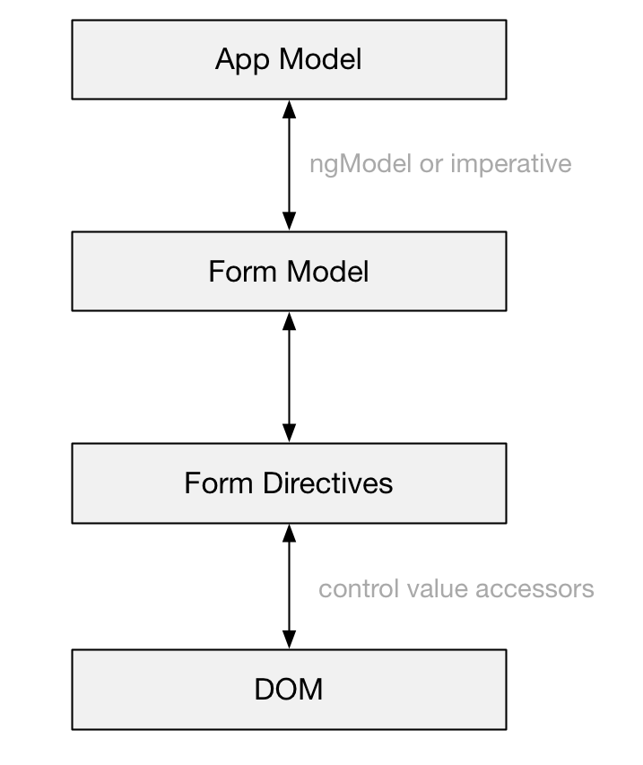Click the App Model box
click(x=289, y=59)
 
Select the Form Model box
click(x=289, y=271)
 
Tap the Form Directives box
click(x=289, y=483)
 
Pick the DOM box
click(x=289, y=690)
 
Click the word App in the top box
click(x=242, y=60)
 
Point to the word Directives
click(x=328, y=483)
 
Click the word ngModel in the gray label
click(x=361, y=165)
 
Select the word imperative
click(x=511, y=164)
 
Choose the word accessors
click(x=534, y=589)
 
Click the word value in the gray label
click(x=437, y=588)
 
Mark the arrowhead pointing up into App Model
click(x=290, y=109)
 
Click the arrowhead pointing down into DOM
click(x=290, y=639)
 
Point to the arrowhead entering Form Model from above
click(x=290, y=222)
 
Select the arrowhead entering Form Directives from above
click(x=290, y=433)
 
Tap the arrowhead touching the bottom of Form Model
click(x=290, y=321)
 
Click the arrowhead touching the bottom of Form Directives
click(x=290, y=534)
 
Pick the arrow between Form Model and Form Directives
click(x=290, y=378)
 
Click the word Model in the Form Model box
click(x=328, y=271)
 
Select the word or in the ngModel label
click(x=431, y=165)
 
